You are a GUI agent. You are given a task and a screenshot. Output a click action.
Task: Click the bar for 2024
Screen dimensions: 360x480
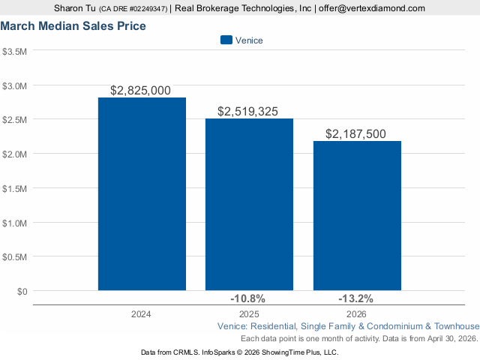coord(142,193)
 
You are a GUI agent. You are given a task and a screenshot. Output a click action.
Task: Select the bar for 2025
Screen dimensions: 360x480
coord(249,204)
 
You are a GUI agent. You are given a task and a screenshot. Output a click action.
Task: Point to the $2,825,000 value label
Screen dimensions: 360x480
coord(140,91)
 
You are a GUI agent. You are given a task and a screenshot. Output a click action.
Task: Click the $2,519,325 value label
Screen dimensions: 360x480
coord(247,112)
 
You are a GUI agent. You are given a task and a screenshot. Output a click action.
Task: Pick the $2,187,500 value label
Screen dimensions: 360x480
coord(355,134)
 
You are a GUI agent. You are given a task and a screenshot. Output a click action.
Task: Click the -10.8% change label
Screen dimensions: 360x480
coord(248,298)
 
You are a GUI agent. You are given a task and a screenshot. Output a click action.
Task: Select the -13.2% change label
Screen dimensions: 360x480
coord(355,298)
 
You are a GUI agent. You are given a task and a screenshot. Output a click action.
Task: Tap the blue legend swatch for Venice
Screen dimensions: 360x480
coord(226,40)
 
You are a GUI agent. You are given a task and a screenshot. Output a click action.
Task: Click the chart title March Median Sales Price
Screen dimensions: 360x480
coord(73,26)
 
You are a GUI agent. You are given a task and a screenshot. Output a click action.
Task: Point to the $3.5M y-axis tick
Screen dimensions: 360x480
coord(15,52)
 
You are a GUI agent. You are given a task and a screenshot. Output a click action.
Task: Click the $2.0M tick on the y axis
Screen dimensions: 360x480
coord(15,154)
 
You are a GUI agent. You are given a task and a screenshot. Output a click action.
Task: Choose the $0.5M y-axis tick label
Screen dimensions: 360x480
coord(15,256)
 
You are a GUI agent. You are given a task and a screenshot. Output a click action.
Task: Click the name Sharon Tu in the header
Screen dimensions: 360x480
coord(73,8)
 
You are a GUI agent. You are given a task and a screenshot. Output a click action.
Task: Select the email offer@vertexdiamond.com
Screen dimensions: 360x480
coord(371,8)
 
